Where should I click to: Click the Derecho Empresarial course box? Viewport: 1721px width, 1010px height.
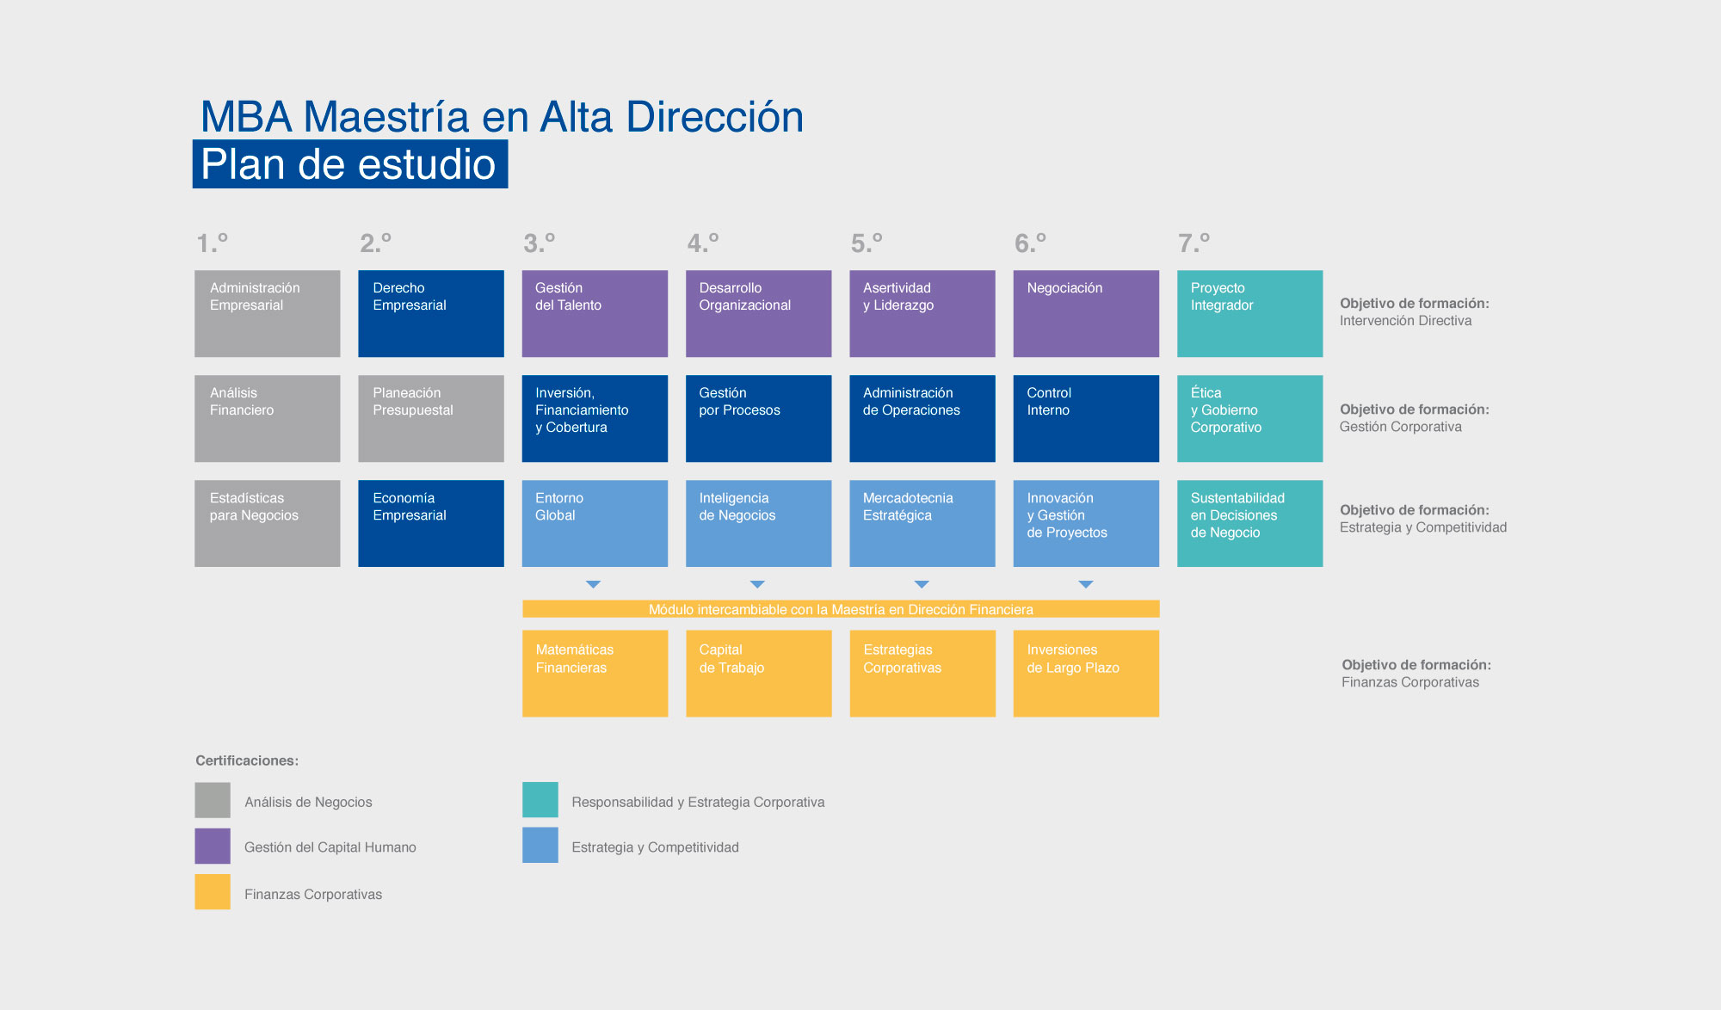(x=431, y=313)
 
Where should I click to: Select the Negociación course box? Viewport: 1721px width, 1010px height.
(x=1086, y=313)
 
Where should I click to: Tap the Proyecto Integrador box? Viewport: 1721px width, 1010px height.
(x=1249, y=313)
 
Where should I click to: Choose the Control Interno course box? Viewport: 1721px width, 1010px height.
(x=1086, y=418)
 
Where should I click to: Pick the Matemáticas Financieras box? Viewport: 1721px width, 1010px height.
(x=595, y=674)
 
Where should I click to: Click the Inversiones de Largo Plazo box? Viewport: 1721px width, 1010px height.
(x=1086, y=674)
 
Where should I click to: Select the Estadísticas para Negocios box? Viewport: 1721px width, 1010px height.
(x=268, y=523)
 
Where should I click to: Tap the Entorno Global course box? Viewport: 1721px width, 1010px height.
(x=595, y=523)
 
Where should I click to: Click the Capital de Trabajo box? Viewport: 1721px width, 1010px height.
(x=759, y=674)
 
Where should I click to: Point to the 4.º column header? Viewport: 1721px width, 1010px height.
(x=703, y=243)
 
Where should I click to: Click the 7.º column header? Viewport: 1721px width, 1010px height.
(x=1194, y=243)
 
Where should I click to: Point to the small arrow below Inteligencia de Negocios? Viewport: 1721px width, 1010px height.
(x=757, y=584)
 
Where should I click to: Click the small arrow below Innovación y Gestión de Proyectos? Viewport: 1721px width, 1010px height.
(x=1086, y=584)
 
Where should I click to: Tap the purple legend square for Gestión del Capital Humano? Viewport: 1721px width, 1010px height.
(x=213, y=846)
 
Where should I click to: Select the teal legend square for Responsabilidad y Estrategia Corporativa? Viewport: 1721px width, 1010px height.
(x=540, y=799)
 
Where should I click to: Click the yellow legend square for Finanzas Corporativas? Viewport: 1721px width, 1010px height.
(x=213, y=892)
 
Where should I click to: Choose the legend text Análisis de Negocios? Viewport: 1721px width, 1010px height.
(x=308, y=802)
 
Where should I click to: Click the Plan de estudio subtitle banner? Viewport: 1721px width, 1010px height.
(x=350, y=164)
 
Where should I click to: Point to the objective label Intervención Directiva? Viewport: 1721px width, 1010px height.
(x=1405, y=321)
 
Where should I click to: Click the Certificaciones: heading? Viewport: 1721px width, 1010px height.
(x=247, y=761)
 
